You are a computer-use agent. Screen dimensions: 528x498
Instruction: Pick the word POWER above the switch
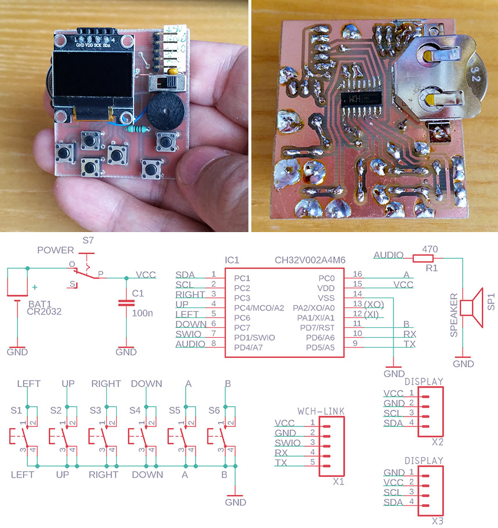pos(56,250)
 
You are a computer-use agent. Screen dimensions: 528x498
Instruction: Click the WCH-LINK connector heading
pos(321,411)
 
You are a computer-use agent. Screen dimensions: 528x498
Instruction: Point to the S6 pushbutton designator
pos(214,410)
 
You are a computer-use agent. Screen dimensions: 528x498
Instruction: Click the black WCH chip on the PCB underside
pos(360,103)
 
